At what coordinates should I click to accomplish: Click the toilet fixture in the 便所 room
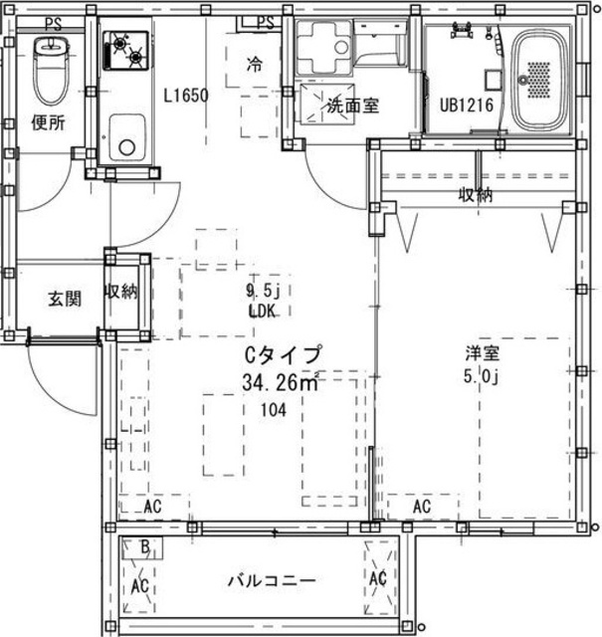pos(51,70)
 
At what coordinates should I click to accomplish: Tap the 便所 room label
pos(49,122)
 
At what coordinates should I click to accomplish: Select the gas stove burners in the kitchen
pos(126,51)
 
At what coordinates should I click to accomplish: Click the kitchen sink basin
pos(127,138)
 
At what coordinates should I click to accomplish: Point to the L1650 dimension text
pos(186,96)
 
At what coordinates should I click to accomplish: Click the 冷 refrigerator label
pos(255,64)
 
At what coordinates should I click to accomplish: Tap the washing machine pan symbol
pos(323,47)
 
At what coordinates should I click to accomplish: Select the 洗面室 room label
pos(353,106)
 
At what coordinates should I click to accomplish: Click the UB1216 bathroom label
pos(467,106)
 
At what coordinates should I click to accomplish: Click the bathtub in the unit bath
pos(539,81)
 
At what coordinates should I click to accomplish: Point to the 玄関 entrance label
pos(65,299)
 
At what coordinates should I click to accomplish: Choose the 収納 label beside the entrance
pos(120,292)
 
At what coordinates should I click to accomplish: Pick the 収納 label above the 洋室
pos(476,195)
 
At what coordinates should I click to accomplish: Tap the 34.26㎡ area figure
pos(281,382)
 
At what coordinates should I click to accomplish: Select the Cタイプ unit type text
pos(284,354)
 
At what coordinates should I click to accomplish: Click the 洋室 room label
pos(483,353)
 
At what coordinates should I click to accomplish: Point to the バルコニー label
pos(272,581)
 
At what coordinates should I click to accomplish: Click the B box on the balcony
pos(142,548)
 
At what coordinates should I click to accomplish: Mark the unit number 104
pos(274,410)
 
